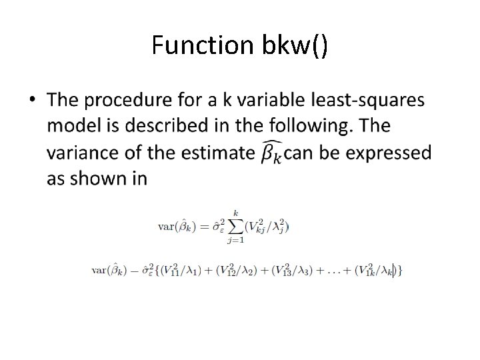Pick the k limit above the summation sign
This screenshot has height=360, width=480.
tap(235, 212)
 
